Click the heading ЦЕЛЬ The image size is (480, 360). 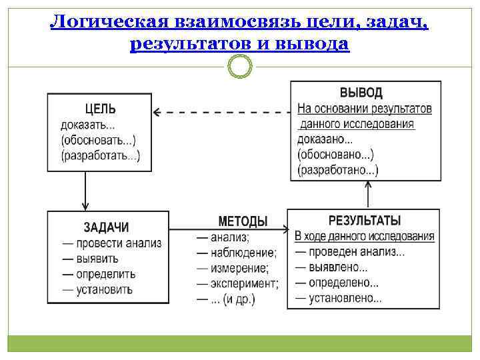(100, 109)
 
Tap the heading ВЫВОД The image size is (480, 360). (361, 93)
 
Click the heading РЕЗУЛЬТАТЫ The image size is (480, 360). (365, 221)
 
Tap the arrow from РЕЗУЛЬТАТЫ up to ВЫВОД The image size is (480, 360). (366, 195)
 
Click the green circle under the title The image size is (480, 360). (240, 67)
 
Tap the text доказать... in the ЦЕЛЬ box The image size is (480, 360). (87, 125)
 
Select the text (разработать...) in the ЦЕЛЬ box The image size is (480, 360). (101, 156)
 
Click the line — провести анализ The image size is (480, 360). (111, 243)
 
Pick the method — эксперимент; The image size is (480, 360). (238, 284)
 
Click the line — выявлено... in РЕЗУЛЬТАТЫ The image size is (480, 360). (331, 267)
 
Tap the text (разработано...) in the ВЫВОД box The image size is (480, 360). (338, 171)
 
